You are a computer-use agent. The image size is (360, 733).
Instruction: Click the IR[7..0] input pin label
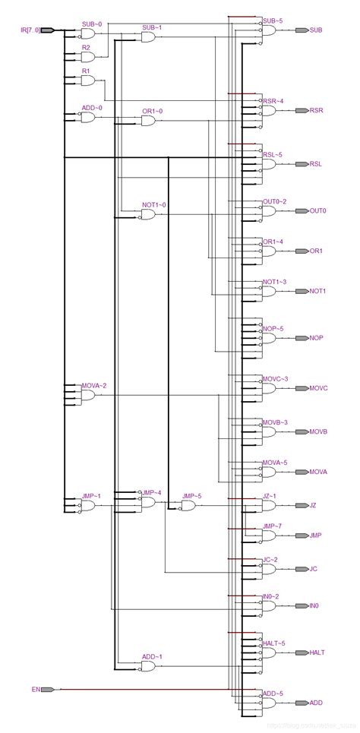tap(30, 30)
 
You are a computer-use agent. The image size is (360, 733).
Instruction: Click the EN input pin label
tap(35, 690)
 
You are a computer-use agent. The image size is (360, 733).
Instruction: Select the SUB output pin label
tap(316, 30)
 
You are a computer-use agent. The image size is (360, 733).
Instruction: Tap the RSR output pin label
tap(316, 111)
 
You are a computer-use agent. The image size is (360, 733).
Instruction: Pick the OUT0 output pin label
tap(317, 210)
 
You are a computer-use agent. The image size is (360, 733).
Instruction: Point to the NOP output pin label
tap(316, 337)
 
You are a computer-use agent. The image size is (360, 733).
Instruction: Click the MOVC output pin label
tap(318, 388)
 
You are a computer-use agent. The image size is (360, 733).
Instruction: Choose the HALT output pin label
tap(317, 652)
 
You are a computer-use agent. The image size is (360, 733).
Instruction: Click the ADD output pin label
tap(316, 703)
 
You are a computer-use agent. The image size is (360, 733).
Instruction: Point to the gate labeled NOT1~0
tap(147, 215)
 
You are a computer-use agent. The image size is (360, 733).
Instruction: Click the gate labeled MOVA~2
tap(87, 396)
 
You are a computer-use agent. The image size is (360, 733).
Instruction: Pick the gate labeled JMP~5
tap(188, 506)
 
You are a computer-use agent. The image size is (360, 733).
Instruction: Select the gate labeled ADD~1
tap(147, 666)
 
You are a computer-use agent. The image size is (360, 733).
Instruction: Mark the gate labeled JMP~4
tap(147, 503)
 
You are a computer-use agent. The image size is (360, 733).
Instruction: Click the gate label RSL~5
tap(273, 155)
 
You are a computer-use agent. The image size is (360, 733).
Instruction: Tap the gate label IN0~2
tap(271, 597)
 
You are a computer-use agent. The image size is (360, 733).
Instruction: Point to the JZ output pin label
tap(314, 505)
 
